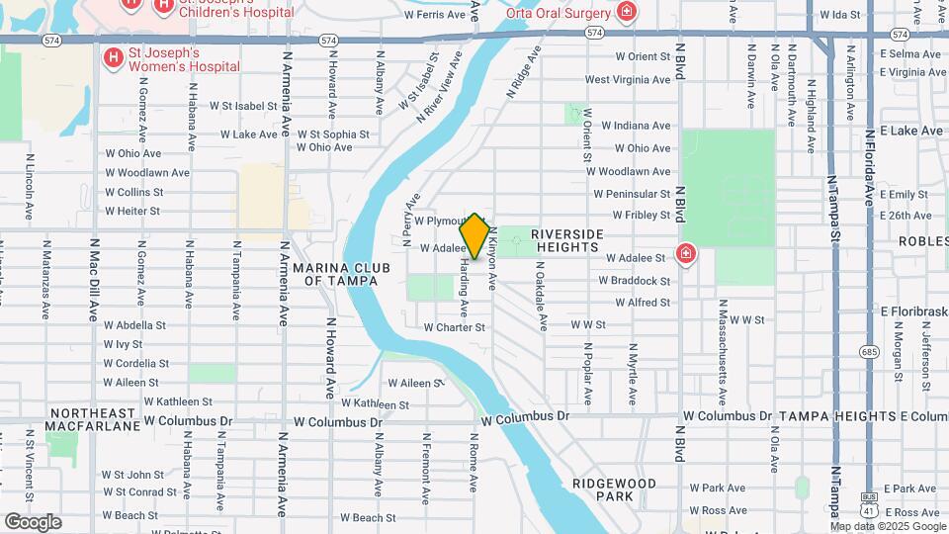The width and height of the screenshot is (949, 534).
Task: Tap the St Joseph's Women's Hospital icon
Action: click(x=114, y=58)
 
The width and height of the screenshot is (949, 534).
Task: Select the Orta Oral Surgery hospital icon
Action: click(x=625, y=12)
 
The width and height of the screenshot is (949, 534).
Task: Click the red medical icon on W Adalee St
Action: click(x=684, y=256)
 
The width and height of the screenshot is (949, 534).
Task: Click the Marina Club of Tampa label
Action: click(x=341, y=274)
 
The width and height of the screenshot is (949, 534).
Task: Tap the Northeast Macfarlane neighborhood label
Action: click(x=92, y=419)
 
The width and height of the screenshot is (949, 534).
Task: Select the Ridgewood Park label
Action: click(x=614, y=489)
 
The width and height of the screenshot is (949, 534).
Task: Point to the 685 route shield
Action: click(x=870, y=351)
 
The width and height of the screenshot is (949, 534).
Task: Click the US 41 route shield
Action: click(x=869, y=503)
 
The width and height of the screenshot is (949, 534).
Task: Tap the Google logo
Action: click(x=33, y=521)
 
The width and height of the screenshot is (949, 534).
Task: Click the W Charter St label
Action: click(x=454, y=327)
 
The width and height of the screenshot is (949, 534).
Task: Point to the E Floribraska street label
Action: click(x=914, y=311)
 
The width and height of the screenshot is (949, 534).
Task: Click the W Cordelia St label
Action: click(x=136, y=363)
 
